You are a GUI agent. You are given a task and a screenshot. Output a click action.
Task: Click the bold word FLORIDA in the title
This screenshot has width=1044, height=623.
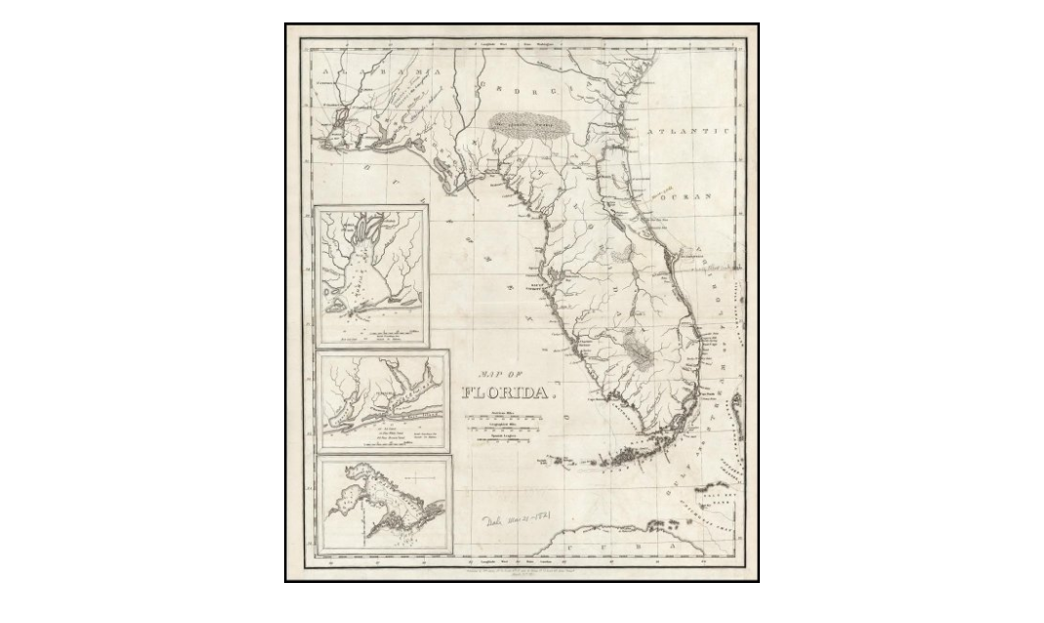click(x=506, y=393)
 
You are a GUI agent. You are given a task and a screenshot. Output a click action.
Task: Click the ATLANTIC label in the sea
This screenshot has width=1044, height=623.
click(x=688, y=130)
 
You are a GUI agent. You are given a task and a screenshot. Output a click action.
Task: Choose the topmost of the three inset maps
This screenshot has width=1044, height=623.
click(x=370, y=275)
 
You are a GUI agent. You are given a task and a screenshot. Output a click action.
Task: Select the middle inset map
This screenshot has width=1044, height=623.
click(x=383, y=400)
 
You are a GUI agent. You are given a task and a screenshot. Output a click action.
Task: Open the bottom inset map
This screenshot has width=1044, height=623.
click(x=384, y=505)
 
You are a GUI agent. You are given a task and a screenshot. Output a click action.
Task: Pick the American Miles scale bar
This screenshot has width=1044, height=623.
click(x=504, y=418)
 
